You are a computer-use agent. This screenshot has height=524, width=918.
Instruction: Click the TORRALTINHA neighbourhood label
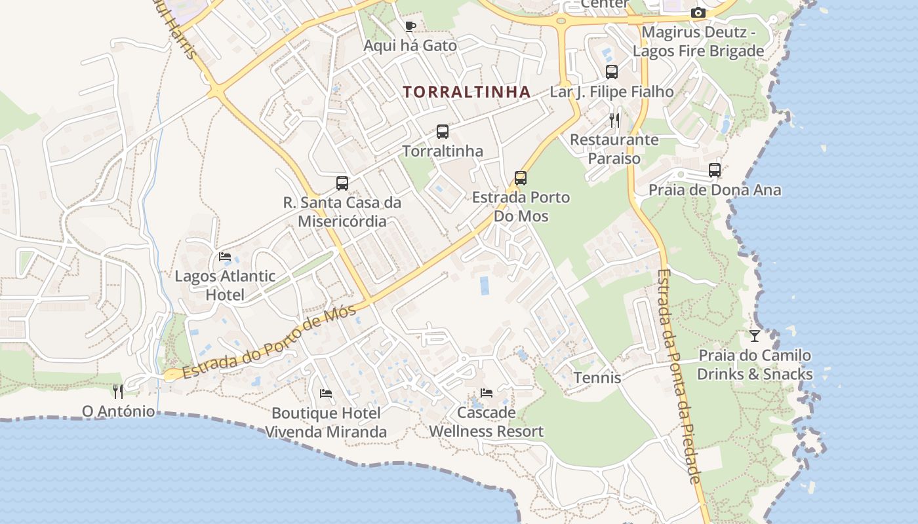tap(466, 92)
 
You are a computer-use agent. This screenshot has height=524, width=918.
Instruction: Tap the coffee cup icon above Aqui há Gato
tap(410, 27)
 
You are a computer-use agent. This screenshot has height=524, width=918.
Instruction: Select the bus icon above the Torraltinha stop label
tap(443, 132)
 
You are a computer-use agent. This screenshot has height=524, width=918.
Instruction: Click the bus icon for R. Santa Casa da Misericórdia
tap(342, 183)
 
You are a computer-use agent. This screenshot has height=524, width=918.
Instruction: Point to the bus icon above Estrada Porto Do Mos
tap(521, 178)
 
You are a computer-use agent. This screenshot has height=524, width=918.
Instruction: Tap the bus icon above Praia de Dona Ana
tap(715, 170)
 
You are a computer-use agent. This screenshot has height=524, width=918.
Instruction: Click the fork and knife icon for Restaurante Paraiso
tap(614, 120)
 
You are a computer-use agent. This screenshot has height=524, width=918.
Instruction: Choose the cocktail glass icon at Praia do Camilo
tap(755, 336)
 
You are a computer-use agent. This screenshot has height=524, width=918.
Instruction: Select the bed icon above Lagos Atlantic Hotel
tap(225, 256)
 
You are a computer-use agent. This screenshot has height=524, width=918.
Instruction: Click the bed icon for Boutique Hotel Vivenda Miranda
tap(326, 394)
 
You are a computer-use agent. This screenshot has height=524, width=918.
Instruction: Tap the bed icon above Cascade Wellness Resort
tap(487, 393)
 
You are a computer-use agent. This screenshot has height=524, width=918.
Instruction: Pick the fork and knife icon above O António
tap(118, 392)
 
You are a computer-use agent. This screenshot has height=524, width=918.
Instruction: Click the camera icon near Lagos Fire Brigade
tap(698, 13)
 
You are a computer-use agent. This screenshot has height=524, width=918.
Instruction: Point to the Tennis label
tap(597, 378)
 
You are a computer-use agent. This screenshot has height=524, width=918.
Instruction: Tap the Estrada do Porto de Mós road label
tap(269, 342)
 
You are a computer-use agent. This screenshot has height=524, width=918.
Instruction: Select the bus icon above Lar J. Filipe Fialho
tap(612, 72)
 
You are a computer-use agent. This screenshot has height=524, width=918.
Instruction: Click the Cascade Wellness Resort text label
tap(487, 422)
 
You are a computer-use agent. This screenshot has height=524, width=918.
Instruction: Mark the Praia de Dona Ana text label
tap(715, 190)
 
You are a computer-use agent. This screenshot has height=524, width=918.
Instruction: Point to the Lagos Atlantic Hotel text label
tap(225, 286)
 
